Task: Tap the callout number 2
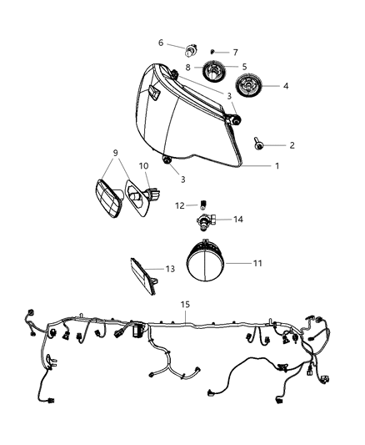pos(292,145)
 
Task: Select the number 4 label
pos(286,85)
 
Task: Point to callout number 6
pos(161,42)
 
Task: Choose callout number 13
pos(169,269)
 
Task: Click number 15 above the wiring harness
pos(184,306)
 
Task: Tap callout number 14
pos(237,220)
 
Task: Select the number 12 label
pos(179,205)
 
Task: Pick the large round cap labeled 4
pos(249,86)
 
